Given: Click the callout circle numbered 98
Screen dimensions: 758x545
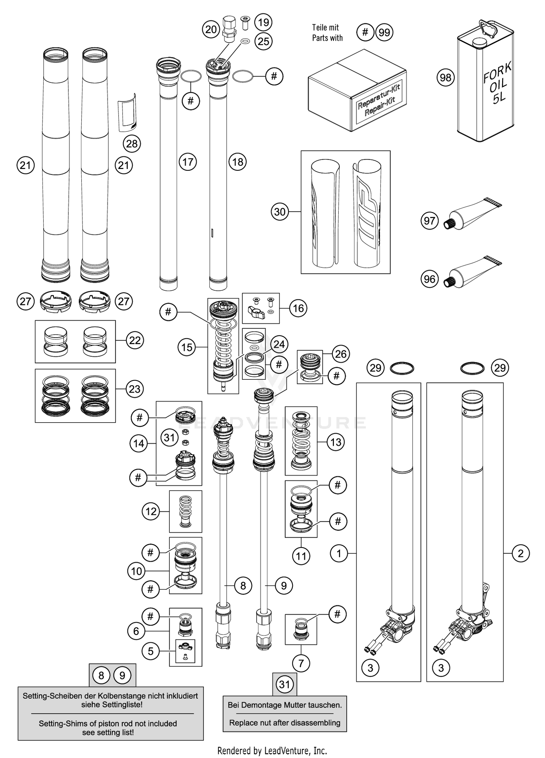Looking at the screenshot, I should [445, 77].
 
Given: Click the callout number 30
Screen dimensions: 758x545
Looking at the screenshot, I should [280, 211].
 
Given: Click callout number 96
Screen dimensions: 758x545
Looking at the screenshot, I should [429, 279].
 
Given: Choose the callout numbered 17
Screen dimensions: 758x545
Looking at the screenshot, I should [188, 162].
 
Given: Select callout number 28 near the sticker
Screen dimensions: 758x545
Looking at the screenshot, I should [132, 144].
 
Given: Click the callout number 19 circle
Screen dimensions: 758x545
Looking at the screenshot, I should [263, 22].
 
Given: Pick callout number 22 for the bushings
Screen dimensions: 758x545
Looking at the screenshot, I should [135, 340].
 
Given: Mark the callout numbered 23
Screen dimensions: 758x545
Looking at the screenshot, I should [135, 389].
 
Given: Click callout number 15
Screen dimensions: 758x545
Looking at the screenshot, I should [187, 347].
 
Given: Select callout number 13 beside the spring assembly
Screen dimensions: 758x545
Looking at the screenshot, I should [336, 442].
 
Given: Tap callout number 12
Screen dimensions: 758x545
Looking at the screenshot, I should [151, 511].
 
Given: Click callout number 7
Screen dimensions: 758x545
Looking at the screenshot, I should [301, 664].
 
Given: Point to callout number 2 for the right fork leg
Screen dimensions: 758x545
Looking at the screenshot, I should [521, 553].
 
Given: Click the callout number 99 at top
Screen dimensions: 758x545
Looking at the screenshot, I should [384, 32].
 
